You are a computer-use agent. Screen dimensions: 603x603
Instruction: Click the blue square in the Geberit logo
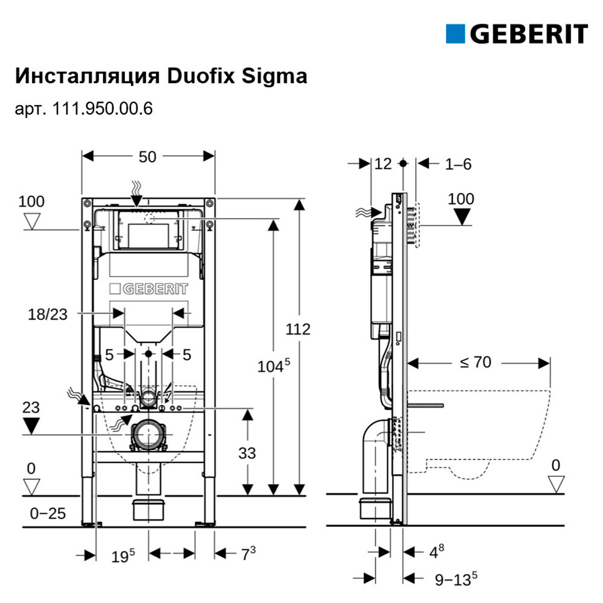(455, 34)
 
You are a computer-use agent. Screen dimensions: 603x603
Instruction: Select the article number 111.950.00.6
(103, 109)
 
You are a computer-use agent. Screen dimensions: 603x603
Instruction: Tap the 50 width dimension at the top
(147, 157)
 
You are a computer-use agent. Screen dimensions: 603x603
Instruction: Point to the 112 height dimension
(298, 329)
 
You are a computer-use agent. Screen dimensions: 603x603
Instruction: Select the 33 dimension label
(247, 453)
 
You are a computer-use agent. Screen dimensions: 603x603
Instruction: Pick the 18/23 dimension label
(47, 315)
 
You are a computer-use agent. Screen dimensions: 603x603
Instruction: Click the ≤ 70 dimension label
(475, 362)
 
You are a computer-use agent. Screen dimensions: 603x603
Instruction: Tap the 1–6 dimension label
(458, 164)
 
